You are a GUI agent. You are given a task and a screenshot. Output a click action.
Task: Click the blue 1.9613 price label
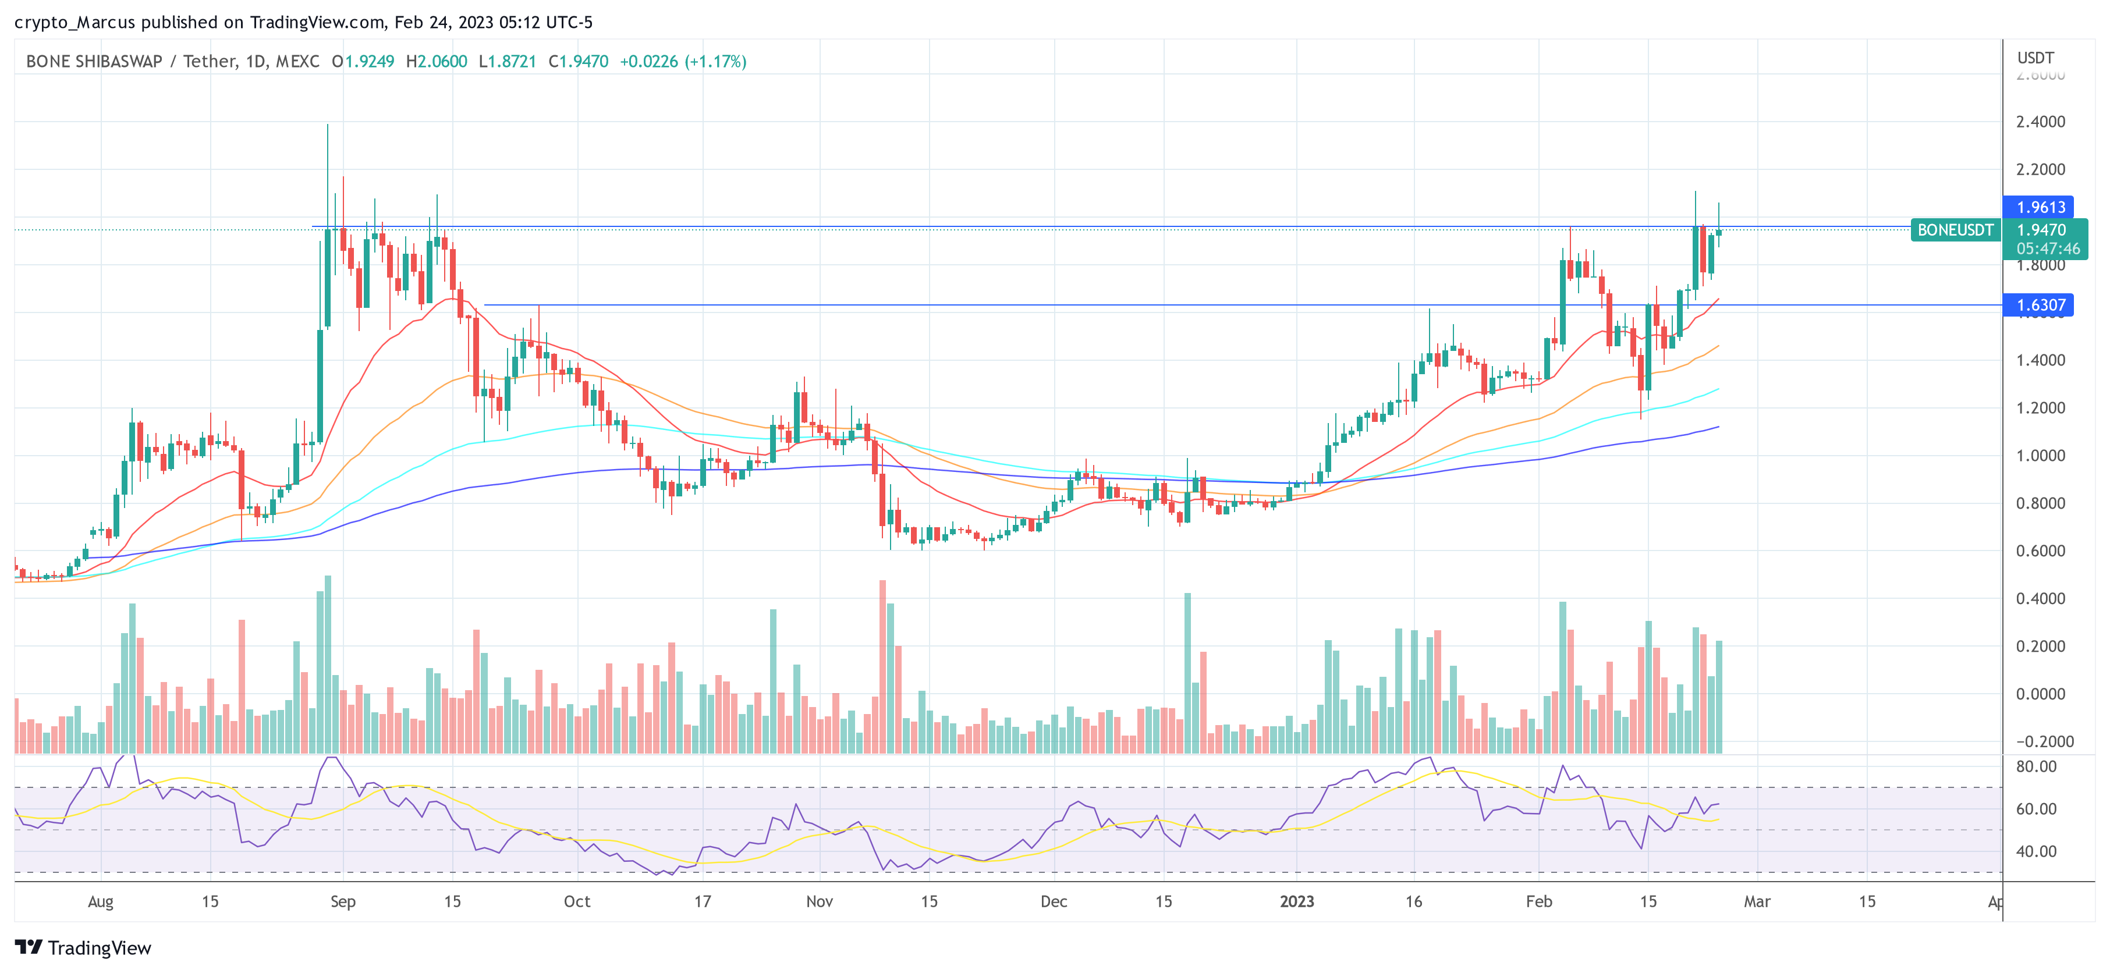pyautogui.click(x=2040, y=207)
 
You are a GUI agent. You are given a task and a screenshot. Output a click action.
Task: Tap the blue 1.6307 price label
pyautogui.click(x=2040, y=306)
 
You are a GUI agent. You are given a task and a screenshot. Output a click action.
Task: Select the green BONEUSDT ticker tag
pyautogui.click(x=1955, y=230)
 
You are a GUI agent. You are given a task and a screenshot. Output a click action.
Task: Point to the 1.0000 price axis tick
pyautogui.click(x=2040, y=456)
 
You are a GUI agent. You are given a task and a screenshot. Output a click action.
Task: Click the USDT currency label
pyautogui.click(x=2035, y=58)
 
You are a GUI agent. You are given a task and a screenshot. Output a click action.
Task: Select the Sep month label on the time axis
pyautogui.click(x=342, y=902)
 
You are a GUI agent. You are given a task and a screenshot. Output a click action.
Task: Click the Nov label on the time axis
pyautogui.click(x=819, y=902)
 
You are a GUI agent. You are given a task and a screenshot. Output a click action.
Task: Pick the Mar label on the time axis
pyautogui.click(x=1756, y=902)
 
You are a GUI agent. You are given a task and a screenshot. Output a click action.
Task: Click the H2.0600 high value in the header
pyautogui.click(x=437, y=62)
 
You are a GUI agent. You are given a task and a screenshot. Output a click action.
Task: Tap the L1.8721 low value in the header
pyautogui.click(x=507, y=62)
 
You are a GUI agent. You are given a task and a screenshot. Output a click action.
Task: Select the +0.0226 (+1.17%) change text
pyautogui.click(x=682, y=62)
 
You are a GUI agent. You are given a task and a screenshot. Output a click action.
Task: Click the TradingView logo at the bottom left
pyautogui.click(x=84, y=947)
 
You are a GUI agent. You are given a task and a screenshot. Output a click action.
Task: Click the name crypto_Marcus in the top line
pyautogui.click(x=75, y=22)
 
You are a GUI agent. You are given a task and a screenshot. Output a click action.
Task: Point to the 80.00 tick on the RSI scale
pyautogui.click(x=2035, y=766)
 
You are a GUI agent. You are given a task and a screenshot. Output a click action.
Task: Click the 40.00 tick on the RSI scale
pyautogui.click(x=2035, y=851)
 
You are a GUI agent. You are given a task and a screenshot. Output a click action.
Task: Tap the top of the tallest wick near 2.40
pyautogui.click(x=328, y=125)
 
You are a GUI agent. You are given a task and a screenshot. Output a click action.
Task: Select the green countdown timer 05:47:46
pyautogui.click(x=2047, y=248)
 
